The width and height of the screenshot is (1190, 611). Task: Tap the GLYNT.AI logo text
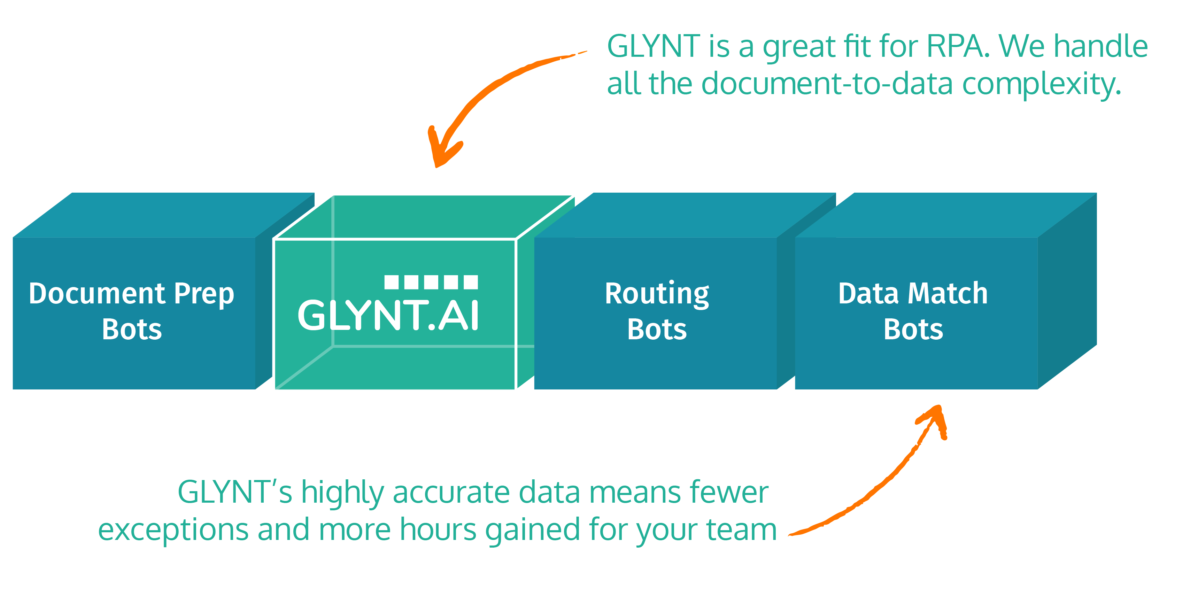(388, 316)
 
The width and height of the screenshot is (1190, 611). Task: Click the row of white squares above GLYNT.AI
(431, 282)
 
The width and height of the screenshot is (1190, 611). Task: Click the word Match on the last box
(948, 293)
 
